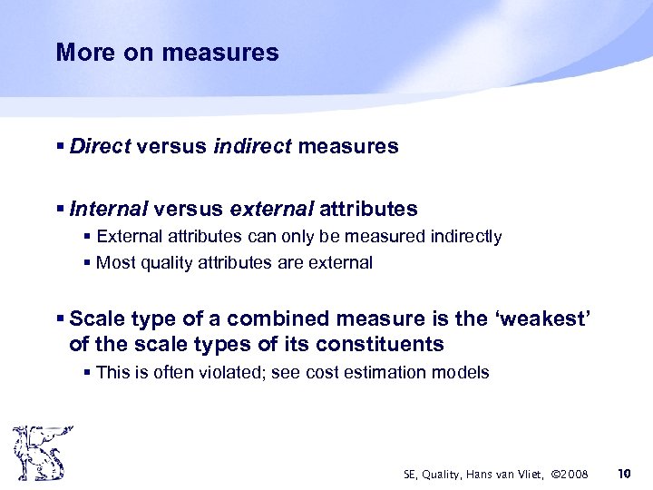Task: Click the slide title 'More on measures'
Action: [167, 53]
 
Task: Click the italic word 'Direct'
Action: [100, 146]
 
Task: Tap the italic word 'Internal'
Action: [108, 210]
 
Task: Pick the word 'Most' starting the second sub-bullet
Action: [114, 263]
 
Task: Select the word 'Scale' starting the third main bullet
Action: [96, 318]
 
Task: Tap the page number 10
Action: [623, 474]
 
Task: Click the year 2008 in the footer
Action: [572, 475]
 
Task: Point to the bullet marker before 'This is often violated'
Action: [88, 372]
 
